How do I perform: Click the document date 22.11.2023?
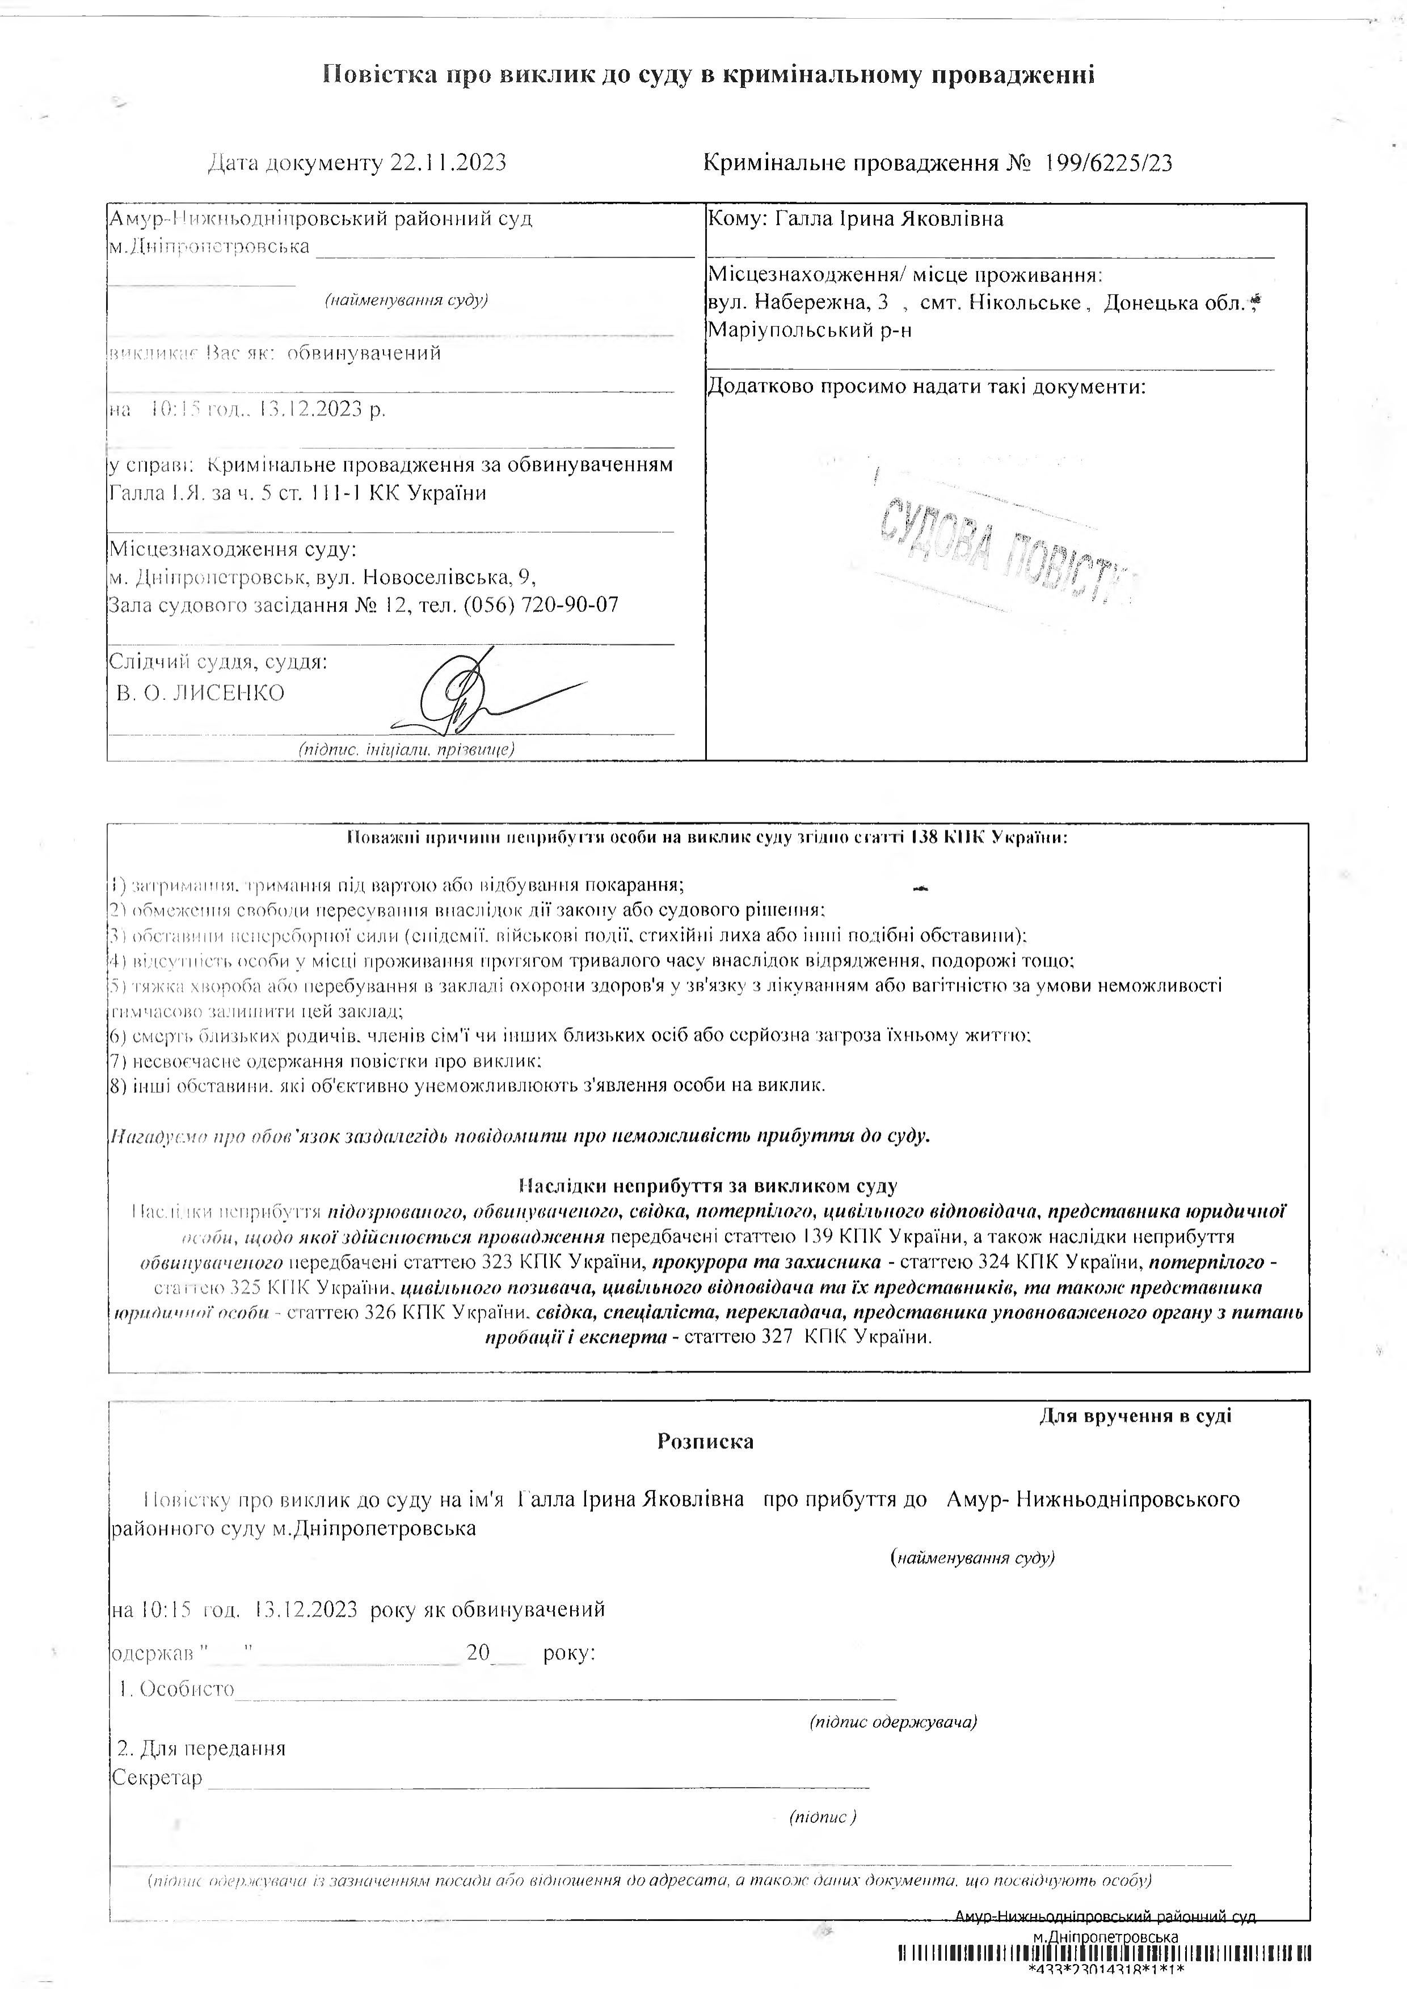point(448,163)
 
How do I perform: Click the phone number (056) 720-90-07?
point(541,605)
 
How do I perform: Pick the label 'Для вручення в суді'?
point(1135,1416)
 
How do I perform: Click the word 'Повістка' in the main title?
point(378,75)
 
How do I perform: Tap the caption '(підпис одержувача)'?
point(893,1721)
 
